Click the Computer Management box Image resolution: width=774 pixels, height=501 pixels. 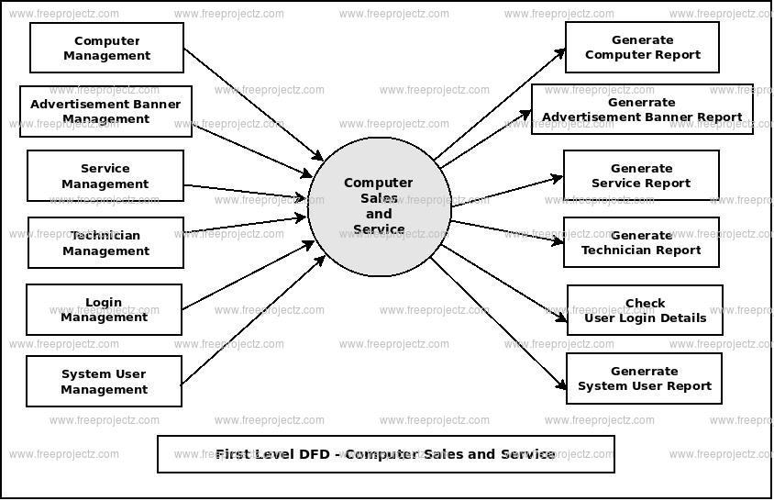106,48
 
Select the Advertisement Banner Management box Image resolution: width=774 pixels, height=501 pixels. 106,111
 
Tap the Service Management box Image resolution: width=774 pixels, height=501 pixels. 105,176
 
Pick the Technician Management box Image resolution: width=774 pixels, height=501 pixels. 105,243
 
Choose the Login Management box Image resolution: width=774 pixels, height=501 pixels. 104,310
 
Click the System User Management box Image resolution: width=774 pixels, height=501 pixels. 104,382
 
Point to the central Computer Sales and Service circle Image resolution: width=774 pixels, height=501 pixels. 380,207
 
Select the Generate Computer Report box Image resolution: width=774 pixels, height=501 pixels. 642,48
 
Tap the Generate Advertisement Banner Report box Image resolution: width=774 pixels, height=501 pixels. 642,110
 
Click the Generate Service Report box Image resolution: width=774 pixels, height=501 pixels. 641,176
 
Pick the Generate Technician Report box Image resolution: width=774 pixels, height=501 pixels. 641,243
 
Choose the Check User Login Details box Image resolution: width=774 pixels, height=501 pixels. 645,310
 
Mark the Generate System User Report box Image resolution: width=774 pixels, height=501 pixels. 644,378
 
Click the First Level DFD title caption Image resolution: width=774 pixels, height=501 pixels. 385,454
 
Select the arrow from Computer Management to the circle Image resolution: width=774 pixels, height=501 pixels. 253,104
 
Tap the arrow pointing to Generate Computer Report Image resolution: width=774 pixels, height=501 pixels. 500,104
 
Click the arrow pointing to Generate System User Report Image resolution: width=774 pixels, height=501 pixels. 499,325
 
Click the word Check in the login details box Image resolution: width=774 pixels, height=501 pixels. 646,304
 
